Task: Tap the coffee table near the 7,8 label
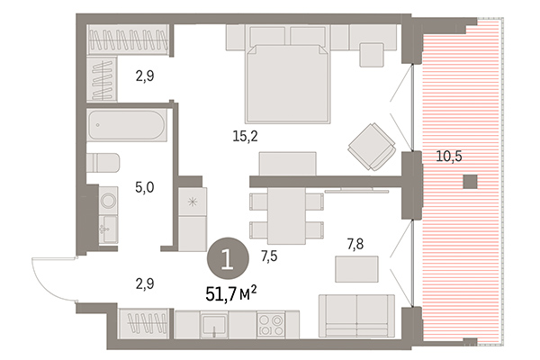click(x=353, y=268)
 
